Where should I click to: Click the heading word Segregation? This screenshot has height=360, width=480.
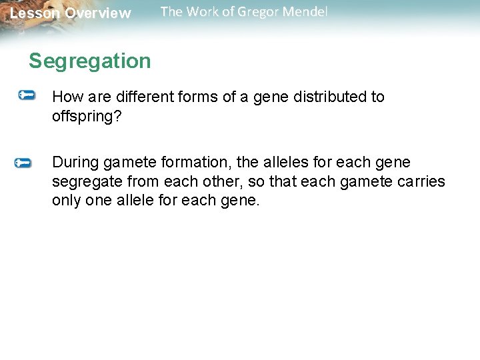(90, 61)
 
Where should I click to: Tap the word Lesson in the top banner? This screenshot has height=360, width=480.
(34, 13)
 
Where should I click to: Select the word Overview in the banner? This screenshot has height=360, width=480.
(98, 13)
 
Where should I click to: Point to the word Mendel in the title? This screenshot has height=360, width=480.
(306, 12)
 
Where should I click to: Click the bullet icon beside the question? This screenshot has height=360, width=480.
(27, 96)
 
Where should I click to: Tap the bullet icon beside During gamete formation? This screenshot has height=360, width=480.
(23, 163)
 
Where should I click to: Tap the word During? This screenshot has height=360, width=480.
(75, 163)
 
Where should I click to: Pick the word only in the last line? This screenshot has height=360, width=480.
(67, 200)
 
